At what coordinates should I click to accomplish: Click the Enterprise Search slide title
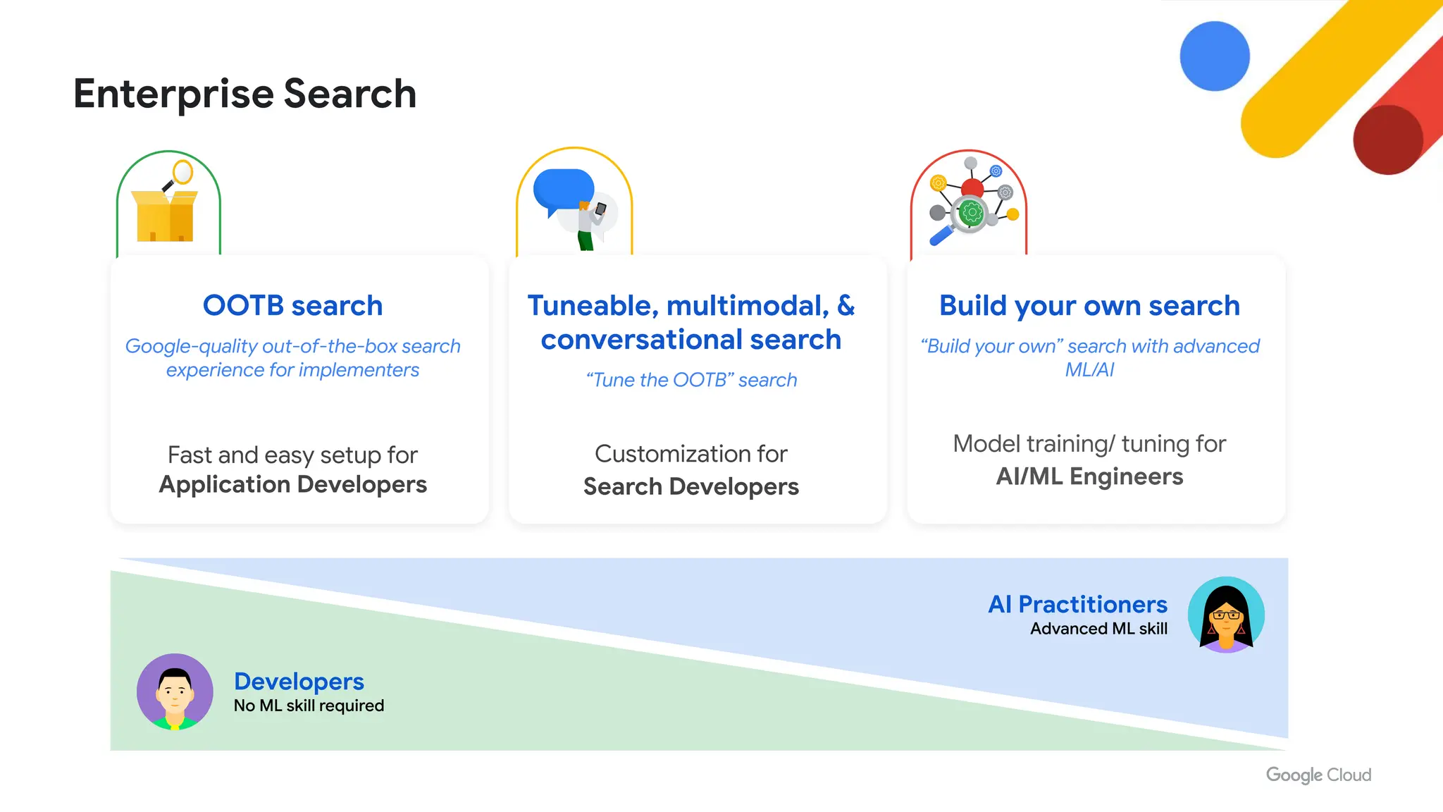244,94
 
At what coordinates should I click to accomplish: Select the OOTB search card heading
292,306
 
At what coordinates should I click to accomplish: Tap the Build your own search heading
1089,306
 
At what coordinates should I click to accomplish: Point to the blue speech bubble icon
563,190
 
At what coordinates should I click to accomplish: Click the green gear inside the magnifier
971,212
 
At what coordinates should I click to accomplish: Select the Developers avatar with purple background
175,691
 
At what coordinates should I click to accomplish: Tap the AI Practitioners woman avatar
1226,615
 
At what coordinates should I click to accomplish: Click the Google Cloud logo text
1318,775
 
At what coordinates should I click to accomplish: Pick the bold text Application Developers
292,485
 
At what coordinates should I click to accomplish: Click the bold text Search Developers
690,486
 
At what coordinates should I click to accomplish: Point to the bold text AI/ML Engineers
1089,476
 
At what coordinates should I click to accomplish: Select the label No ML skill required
309,706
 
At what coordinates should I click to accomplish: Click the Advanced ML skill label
1098,629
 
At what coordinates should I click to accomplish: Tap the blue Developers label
299,682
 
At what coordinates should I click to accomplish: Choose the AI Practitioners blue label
1077,605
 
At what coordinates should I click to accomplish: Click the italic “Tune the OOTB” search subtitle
691,380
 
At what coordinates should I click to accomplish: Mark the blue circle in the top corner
1215,56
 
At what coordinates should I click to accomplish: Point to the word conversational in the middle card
640,340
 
